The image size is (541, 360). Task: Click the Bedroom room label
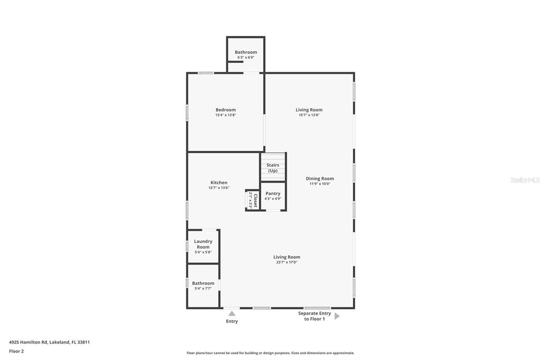tap(225, 110)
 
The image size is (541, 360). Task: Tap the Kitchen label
tap(219, 183)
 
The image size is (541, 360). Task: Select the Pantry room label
tap(273, 194)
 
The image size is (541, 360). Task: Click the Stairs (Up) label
tap(273, 168)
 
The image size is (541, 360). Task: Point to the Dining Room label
tap(320, 178)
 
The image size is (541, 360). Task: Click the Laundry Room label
tap(203, 244)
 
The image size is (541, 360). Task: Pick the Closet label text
tap(255, 200)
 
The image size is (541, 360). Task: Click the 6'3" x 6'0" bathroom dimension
tap(246, 58)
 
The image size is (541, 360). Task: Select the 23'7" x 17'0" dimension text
tap(286, 262)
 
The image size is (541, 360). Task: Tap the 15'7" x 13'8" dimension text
tap(309, 115)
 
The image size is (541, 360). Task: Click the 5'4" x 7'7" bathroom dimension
tap(203, 288)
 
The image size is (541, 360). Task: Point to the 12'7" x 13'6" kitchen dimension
tap(219, 188)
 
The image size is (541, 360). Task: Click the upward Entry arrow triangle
tap(231, 314)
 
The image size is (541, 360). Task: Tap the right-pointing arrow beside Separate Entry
tap(337, 316)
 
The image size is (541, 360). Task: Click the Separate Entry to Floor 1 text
tap(314, 316)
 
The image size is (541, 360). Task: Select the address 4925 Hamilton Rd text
tap(49, 342)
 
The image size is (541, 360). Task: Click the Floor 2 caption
tap(16, 351)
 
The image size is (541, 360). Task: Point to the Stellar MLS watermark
tap(525, 180)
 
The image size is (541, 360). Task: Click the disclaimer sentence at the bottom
tap(270, 353)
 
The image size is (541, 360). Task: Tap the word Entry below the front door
tap(231, 321)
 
